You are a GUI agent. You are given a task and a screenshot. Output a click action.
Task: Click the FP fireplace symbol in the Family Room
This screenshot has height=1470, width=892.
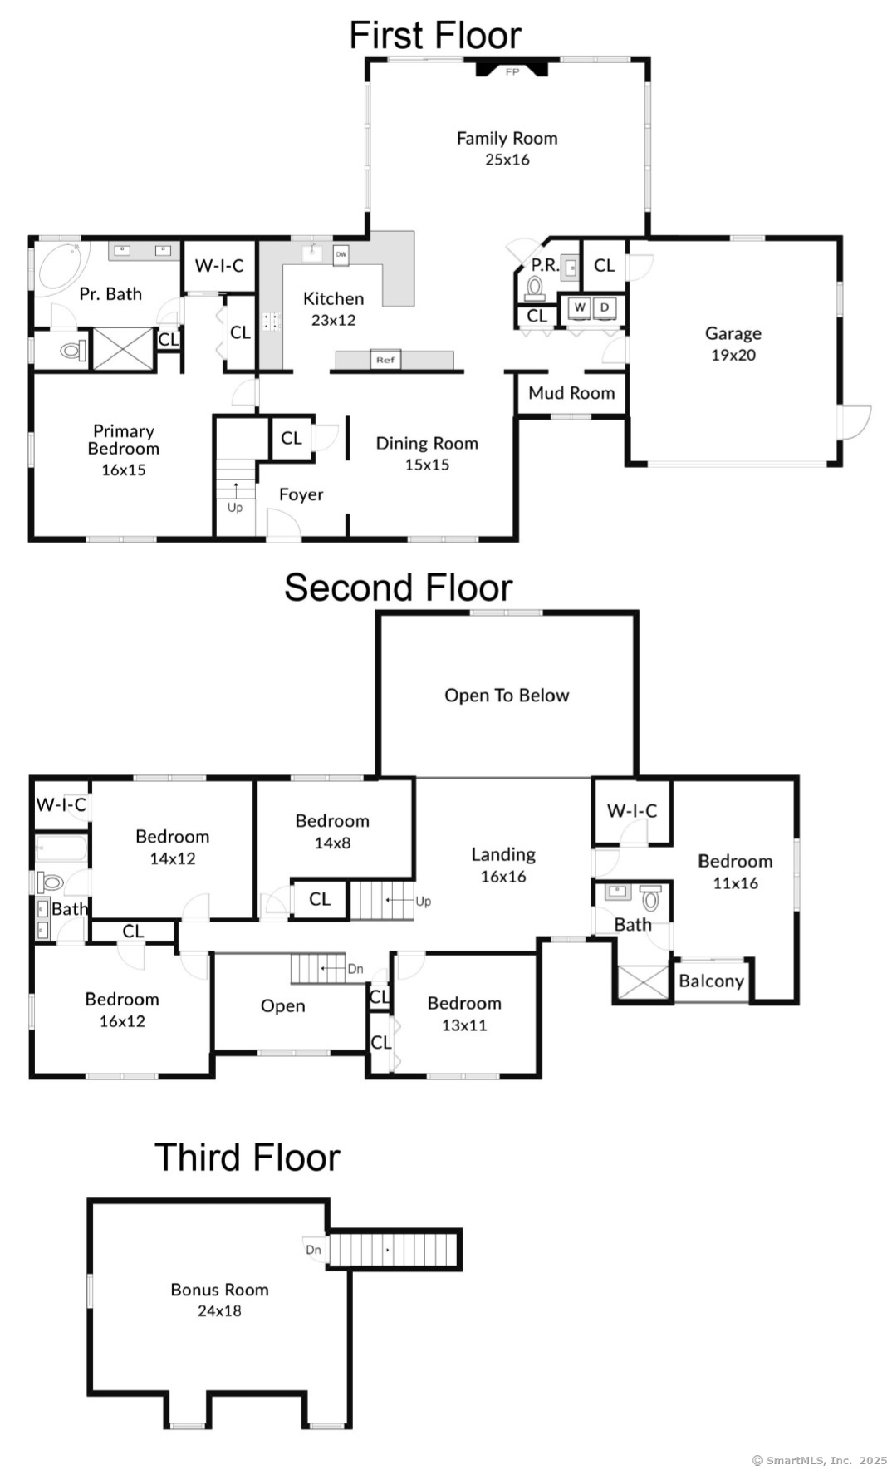512,67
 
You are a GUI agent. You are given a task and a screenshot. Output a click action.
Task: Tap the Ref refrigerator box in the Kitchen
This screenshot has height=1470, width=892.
385,359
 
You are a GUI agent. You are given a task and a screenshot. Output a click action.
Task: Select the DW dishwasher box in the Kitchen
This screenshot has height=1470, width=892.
341,255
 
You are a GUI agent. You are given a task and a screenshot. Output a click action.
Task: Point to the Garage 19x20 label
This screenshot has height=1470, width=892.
733,344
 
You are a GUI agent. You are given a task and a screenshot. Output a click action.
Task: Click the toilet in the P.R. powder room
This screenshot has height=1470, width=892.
535,288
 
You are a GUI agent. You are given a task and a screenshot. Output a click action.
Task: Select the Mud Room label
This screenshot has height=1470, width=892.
571,393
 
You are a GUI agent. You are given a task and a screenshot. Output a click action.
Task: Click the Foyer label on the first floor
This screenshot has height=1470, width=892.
301,495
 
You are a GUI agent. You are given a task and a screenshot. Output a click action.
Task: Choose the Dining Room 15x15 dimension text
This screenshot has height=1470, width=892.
427,465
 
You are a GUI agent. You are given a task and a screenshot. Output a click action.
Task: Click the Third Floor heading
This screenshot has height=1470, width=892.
248,1158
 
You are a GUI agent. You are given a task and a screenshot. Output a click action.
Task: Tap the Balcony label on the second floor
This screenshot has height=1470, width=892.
711,981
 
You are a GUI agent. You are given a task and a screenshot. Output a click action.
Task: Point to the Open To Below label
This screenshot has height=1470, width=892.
507,696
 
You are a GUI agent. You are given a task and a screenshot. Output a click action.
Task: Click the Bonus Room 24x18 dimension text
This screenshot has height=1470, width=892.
219,1311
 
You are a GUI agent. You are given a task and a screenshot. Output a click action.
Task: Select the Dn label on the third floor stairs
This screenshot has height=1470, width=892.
313,1250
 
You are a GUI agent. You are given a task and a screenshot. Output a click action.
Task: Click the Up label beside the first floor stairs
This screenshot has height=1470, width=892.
235,508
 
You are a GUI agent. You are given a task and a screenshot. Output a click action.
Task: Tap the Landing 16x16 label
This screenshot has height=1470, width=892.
503,865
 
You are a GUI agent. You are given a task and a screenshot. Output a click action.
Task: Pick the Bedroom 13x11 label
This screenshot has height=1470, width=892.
464,1014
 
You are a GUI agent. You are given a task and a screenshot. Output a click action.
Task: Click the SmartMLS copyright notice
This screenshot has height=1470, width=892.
820,1460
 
